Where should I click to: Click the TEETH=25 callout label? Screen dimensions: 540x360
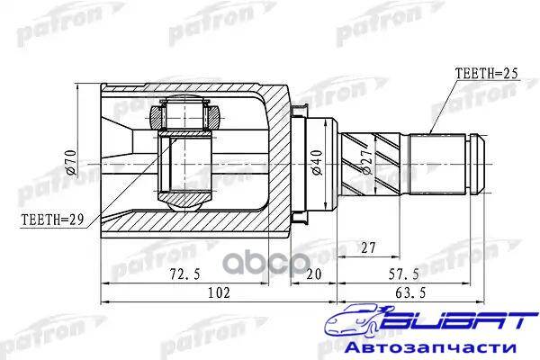(486, 74)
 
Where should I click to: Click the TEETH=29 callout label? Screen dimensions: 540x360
(53, 220)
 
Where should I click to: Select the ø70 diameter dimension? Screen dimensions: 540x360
(71, 162)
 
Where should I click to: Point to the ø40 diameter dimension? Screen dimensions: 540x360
(317, 162)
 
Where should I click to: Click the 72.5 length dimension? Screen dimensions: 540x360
(184, 274)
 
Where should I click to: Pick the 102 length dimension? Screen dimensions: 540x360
(219, 292)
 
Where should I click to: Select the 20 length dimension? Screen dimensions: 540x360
(313, 274)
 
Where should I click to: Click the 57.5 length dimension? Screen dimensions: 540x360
(404, 274)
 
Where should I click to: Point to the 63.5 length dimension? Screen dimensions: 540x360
(410, 292)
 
